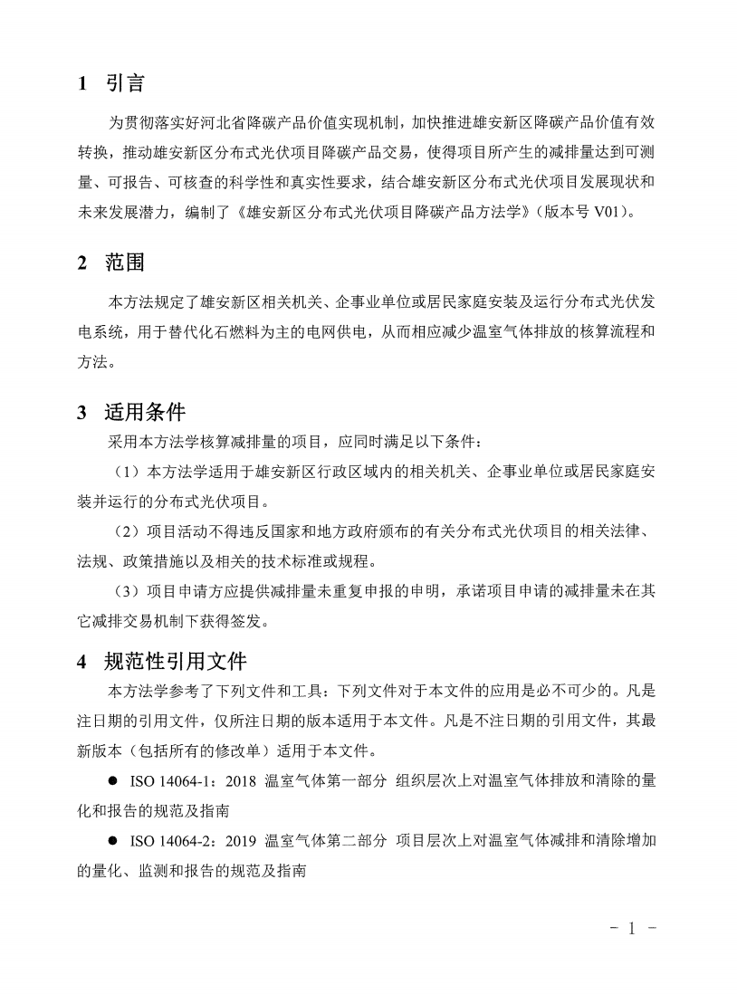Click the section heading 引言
click(125, 84)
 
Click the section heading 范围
click(125, 263)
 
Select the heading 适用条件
click(145, 413)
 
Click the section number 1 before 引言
click(82, 84)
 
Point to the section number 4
click(82, 661)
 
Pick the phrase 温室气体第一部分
click(325, 781)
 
